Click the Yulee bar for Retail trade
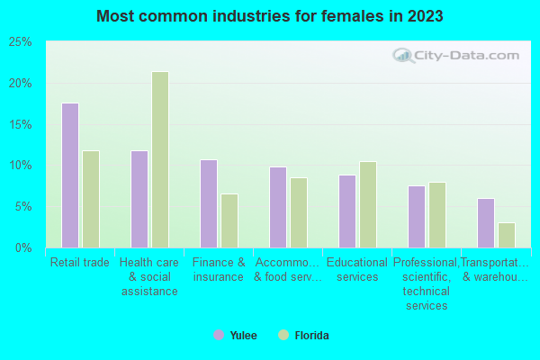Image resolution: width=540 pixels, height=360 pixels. [70, 175]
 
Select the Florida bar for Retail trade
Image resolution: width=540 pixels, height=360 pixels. [91, 199]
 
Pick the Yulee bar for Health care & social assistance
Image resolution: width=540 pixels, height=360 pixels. [139, 199]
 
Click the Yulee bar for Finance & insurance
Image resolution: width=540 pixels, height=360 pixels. [209, 203]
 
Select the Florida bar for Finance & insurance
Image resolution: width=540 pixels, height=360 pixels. [229, 220]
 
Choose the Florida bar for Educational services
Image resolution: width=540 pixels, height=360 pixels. [368, 204]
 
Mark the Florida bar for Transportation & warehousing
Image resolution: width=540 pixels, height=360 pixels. [507, 235]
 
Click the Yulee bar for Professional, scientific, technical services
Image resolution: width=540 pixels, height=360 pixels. [417, 217]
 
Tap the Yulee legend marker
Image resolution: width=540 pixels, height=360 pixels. [219, 336]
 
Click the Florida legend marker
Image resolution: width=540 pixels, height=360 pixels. [283, 336]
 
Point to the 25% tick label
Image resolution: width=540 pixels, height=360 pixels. [20, 42]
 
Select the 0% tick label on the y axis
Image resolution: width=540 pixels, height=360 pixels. [23, 247]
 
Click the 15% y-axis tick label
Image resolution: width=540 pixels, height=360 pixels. [20, 124]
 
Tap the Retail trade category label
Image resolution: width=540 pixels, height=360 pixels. [80, 263]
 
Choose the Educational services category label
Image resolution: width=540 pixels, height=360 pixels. [357, 270]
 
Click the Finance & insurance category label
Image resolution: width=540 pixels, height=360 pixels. [219, 270]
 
